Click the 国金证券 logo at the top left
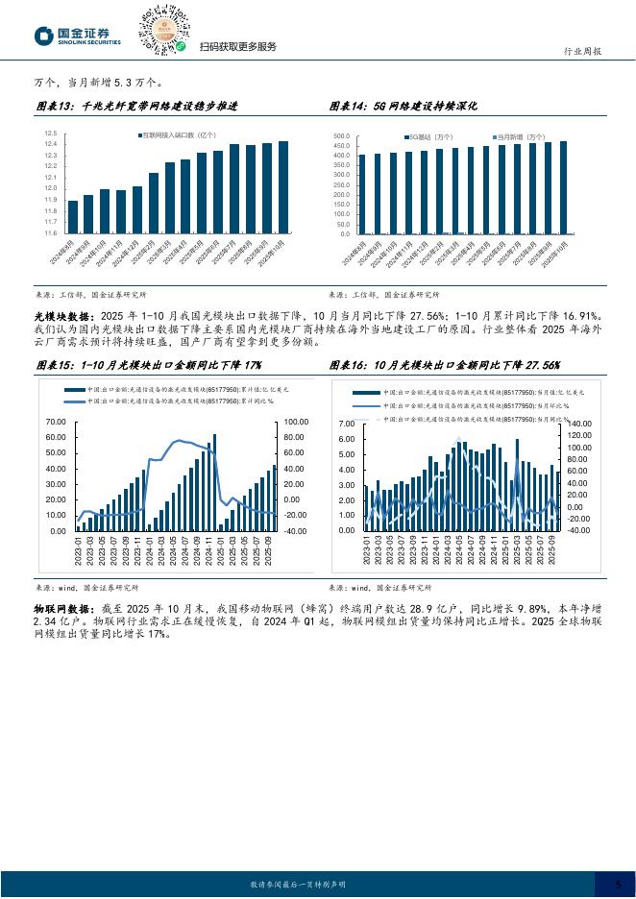tap(78, 36)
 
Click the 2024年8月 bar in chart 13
tap(73, 217)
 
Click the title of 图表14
tap(404, 106)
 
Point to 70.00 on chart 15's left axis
tap(56, 423)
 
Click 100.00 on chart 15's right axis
tap(294, 423)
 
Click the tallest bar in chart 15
tap(214, 482)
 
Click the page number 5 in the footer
tap(618, 884)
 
